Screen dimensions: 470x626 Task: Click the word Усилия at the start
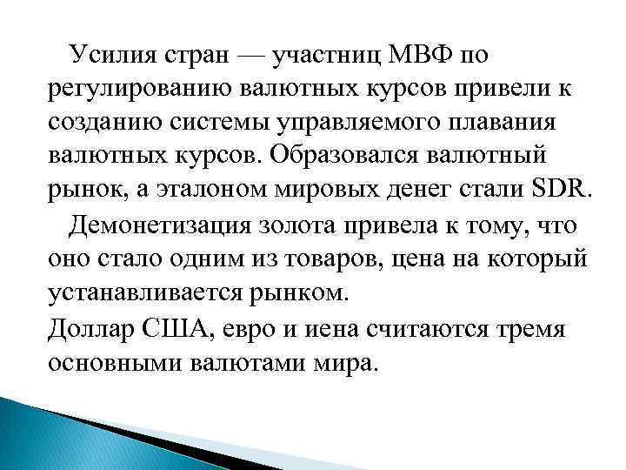click(114, 57)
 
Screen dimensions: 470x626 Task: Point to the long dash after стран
click(251, 57)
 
